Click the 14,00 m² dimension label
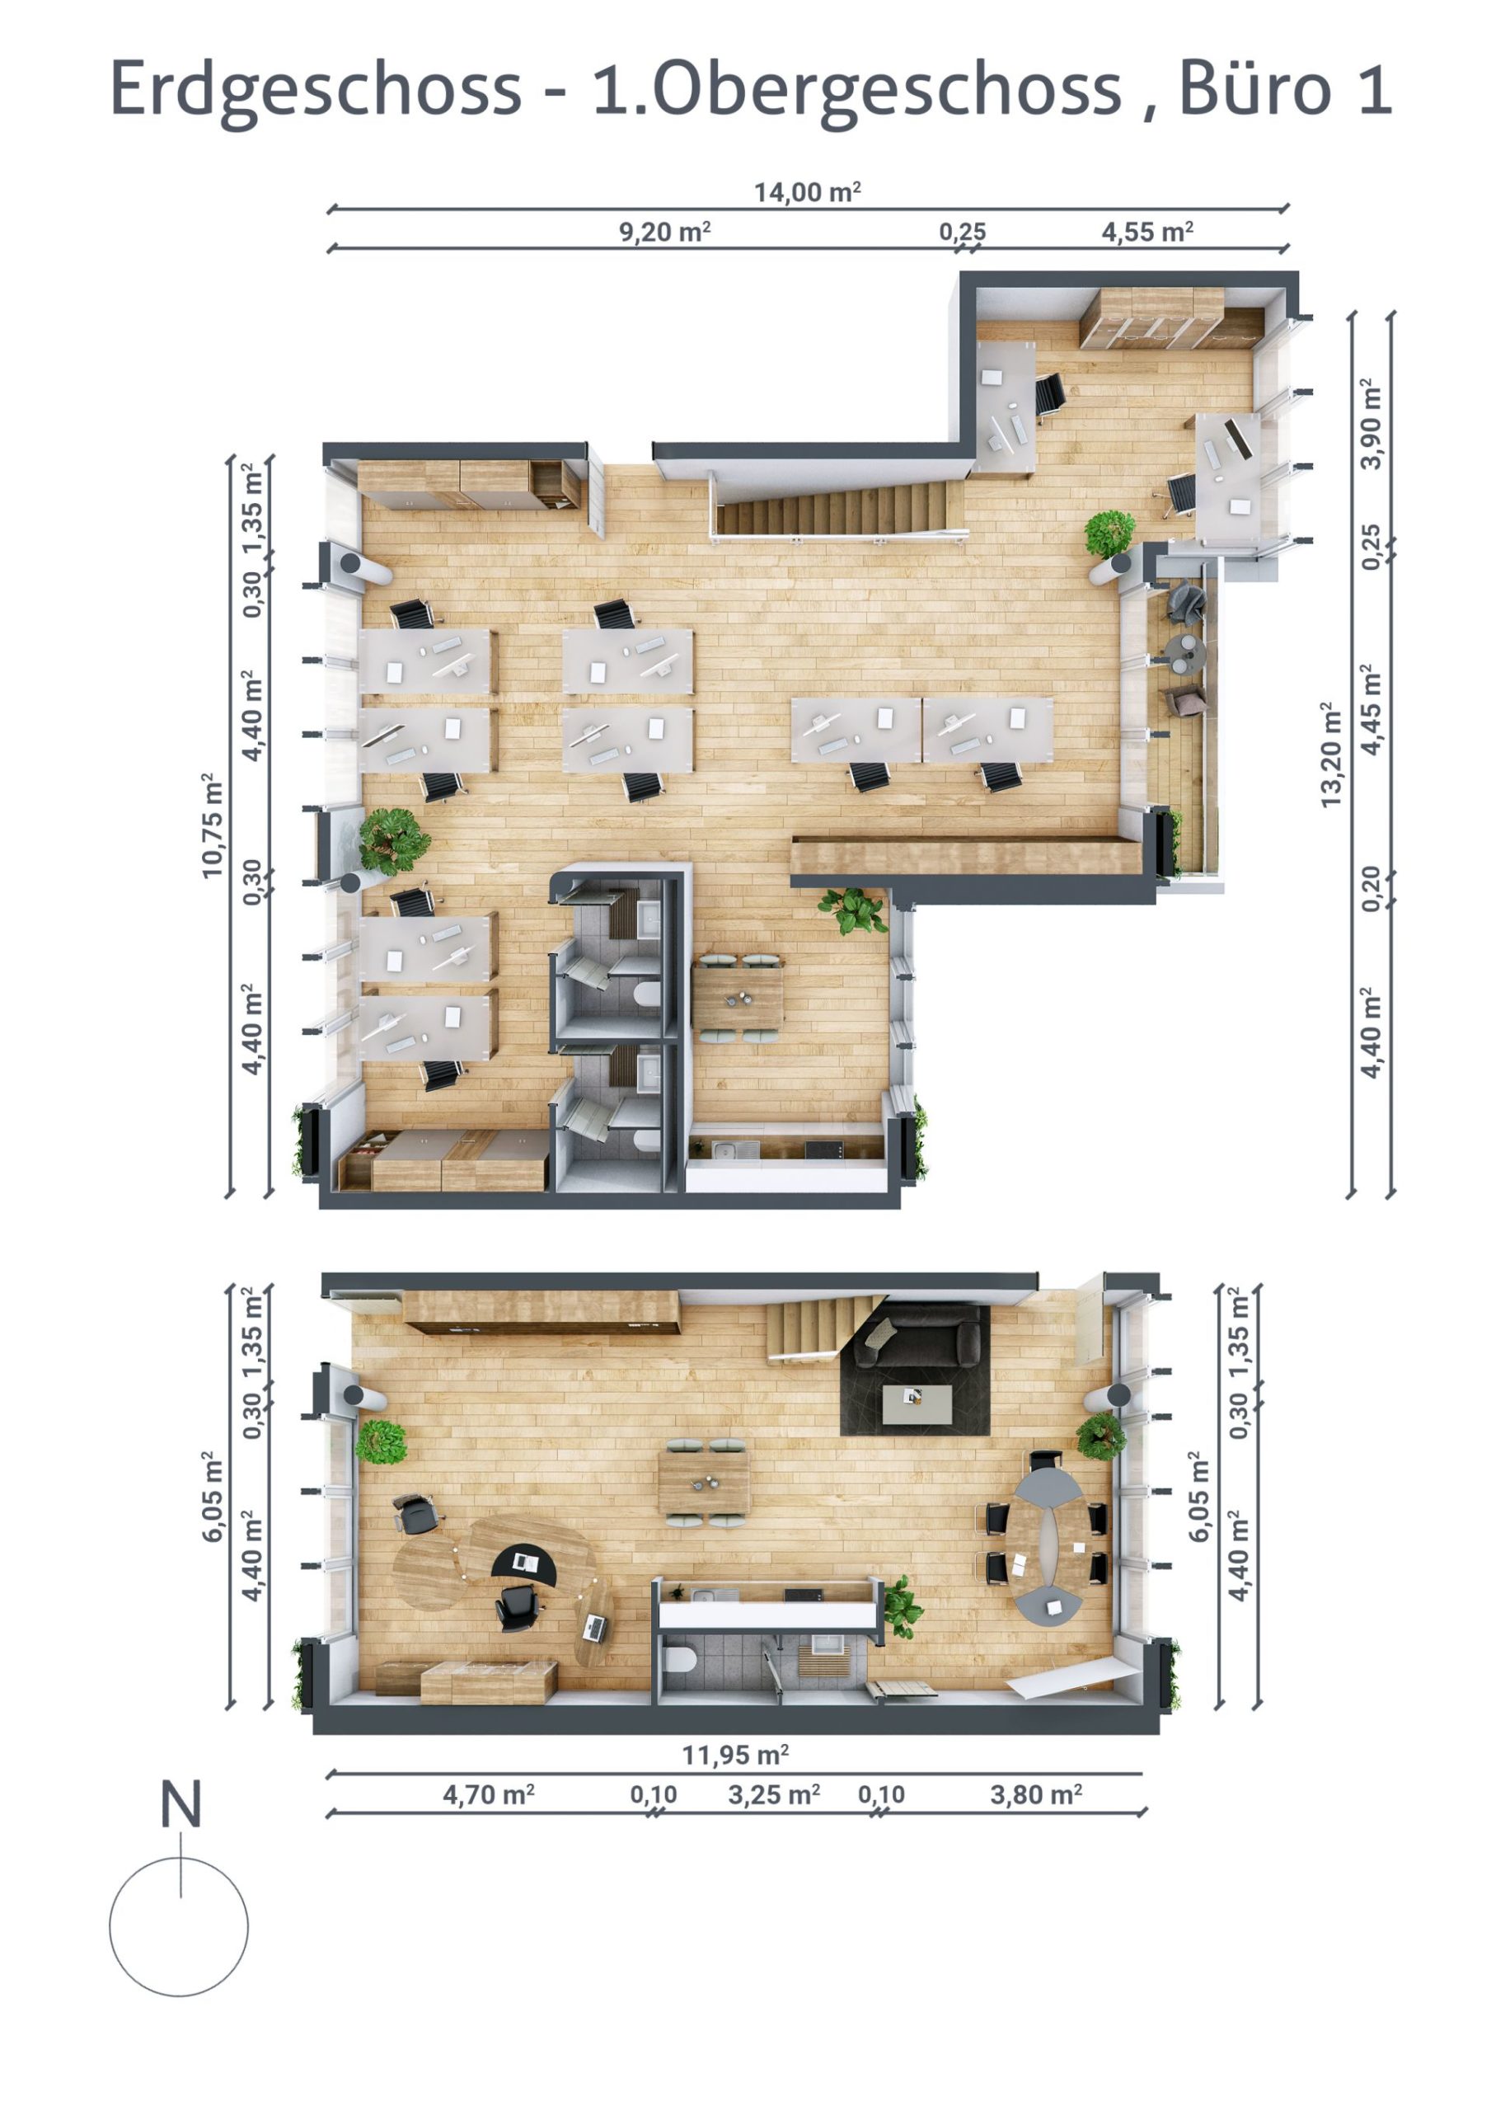coord(807,192)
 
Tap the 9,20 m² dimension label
coord(663,231)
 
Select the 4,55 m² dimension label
coord(1146,231)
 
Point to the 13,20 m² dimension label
coord(1330,755)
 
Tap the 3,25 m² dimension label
coord(773,1794)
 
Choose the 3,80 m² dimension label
coord(1035,1794)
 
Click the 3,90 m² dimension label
coord(1371,424)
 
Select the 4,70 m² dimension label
coord(488,1794)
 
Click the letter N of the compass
coord(181,1804)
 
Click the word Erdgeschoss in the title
coord(316,90)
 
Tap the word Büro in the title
coord(1254,88)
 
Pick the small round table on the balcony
coord(1183,651)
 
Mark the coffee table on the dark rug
coord(917,1402)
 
